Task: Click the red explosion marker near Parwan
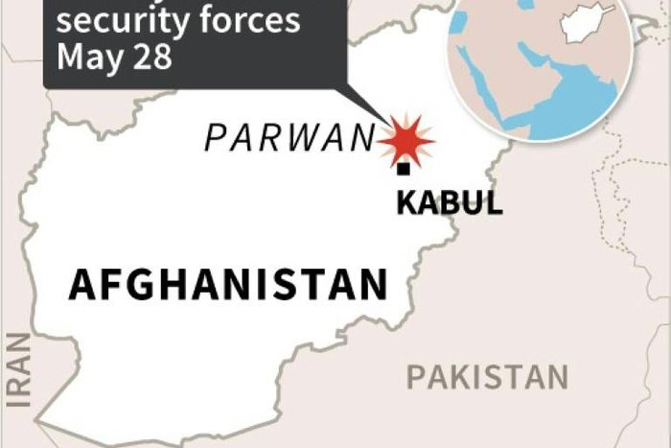point(405,140)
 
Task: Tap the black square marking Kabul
point(404,170)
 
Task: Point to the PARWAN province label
point(288,140)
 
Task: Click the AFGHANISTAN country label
point(228,286)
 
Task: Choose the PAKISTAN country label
point(487,377)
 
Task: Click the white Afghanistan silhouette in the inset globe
point(587,24)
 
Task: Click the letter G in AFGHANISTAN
point(137,286)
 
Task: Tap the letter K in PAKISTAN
point(456,377)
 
